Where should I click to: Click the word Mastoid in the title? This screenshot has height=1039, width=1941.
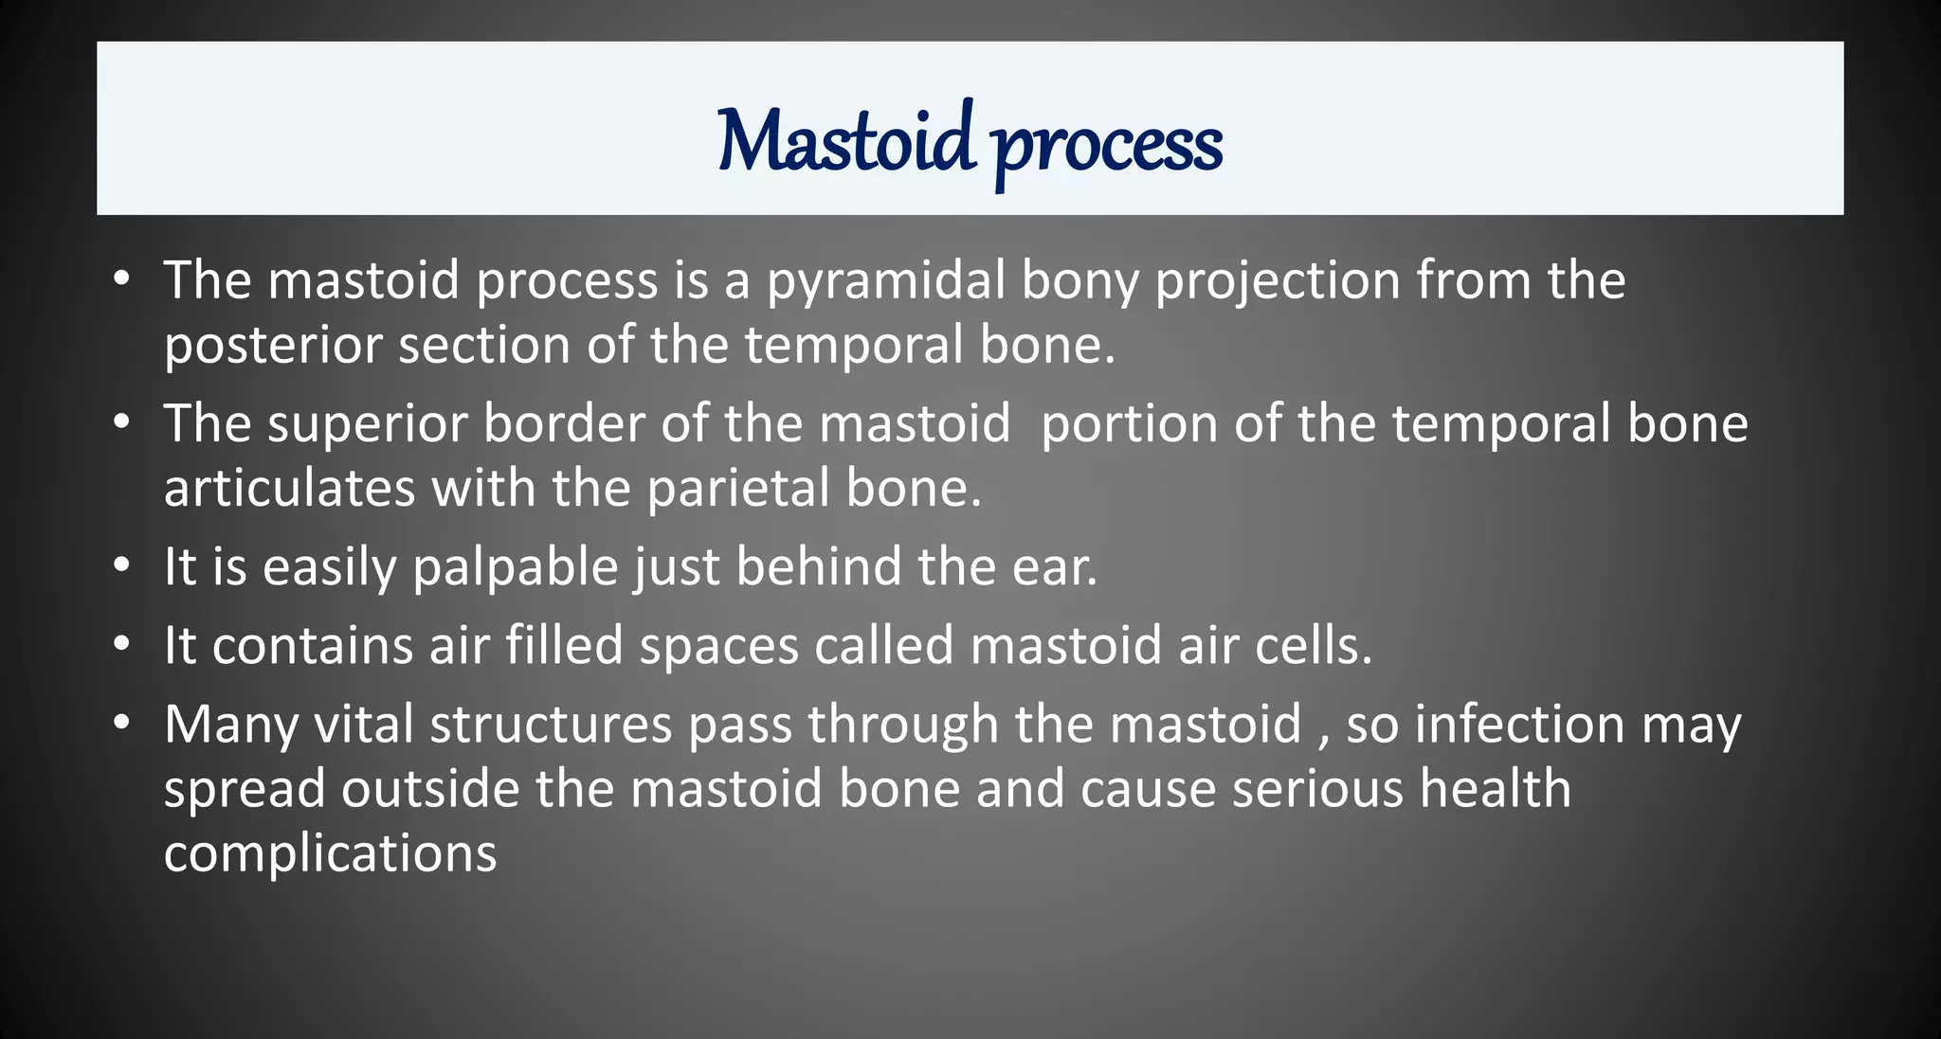844,142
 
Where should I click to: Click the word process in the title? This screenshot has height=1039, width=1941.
1107,147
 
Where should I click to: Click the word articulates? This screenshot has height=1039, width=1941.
289,489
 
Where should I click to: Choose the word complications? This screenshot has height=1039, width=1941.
330,854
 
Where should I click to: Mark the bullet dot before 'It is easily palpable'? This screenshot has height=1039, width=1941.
120,566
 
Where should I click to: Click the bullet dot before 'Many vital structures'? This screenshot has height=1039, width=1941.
120,724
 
